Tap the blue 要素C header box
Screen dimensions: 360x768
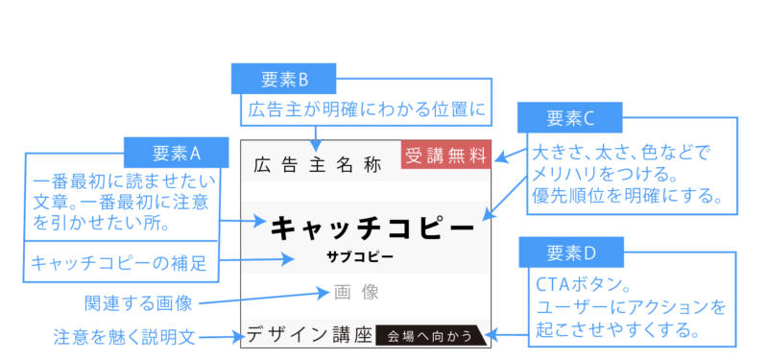571,118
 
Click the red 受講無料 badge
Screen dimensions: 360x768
446,155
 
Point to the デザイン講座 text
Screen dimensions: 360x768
308,335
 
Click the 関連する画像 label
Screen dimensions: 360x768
138,304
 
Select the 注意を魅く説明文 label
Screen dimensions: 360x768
125,337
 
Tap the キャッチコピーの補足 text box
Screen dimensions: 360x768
119,262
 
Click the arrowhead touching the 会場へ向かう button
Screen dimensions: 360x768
493,335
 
